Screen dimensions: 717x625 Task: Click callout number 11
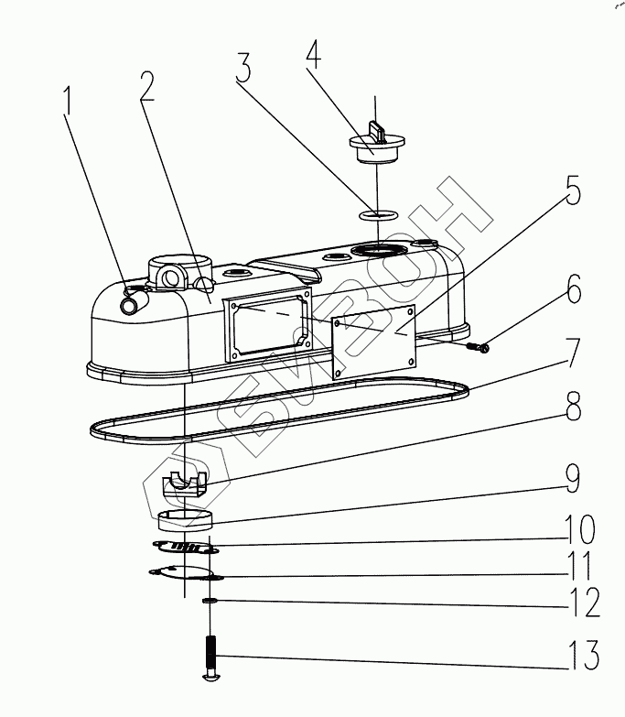click(580, 565)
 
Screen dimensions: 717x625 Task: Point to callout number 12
click(582, 603)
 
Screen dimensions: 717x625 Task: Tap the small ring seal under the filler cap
click(374, 216)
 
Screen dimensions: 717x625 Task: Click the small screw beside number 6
click(479, 346)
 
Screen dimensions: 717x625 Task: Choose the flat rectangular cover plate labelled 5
click(374, 342)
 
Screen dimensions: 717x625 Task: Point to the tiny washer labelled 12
click(210, 601)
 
